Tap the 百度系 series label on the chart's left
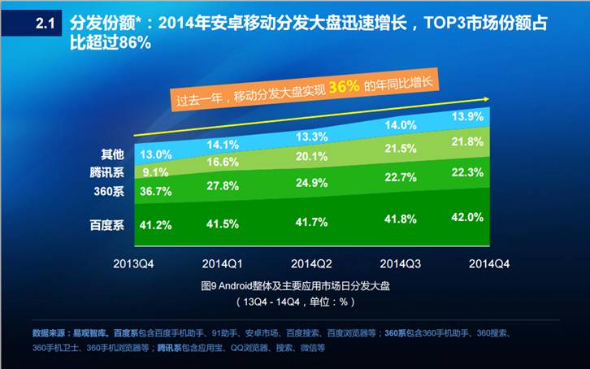(105, 225)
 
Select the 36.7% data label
(155, 192)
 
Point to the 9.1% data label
(155, 172)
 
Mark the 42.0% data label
(490, 217)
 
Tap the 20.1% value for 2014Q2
(312, 157)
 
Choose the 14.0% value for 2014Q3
(401, 125)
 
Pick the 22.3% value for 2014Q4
(490, 172)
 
